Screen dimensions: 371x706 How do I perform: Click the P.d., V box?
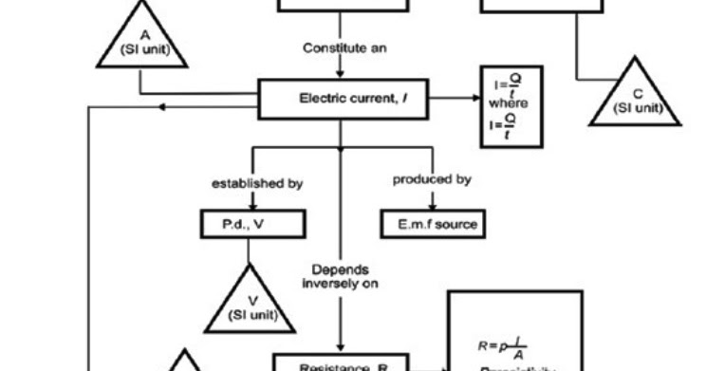click(x=249, y=224)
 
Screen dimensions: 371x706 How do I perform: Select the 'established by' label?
click(x=249, y=181)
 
